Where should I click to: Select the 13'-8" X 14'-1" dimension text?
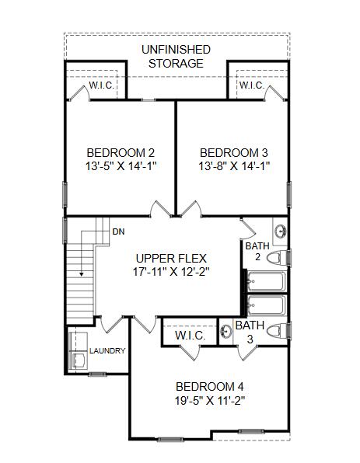[233, 166]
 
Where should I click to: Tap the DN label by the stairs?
[118, 231]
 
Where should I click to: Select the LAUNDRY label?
[107, 351]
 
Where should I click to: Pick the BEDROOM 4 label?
[208, 387]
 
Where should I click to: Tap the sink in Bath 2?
[280, 231]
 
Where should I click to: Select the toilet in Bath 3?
[278, 332]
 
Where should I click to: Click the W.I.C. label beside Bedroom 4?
[190, 336]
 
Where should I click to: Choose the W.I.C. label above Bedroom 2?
[102, 85]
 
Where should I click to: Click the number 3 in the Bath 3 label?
[250, 339]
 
